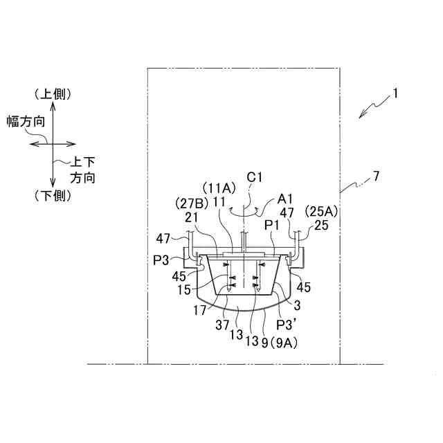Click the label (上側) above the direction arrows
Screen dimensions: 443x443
[x=53, y=94]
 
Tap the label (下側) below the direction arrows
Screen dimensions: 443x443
[x=53, y=196]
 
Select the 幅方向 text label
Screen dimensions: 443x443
[x=26, y=121]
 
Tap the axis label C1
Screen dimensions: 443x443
[x=255, y=178]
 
